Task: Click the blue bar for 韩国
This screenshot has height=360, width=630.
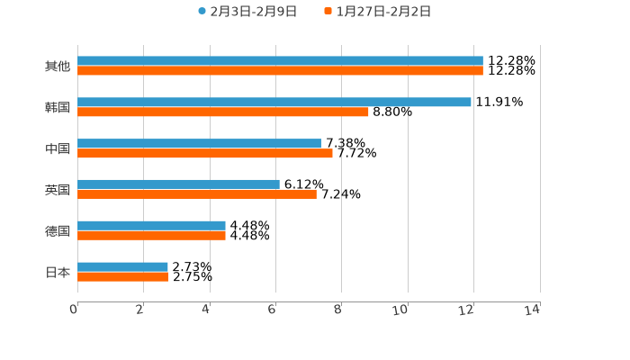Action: pos(274,103)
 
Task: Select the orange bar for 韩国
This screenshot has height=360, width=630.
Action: pos(223,112)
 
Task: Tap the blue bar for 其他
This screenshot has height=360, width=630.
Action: pos(280,61)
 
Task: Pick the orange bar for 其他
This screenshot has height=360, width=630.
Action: pos(280,71)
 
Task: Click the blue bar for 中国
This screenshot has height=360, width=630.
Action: pos(199,144)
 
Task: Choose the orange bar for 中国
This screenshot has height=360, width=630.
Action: pos(205,154)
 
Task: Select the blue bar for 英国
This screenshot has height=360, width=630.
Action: pos(178,184)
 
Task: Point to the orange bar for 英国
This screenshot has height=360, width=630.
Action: pos(197,194)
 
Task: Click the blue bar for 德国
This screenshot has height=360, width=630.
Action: pos(151,226)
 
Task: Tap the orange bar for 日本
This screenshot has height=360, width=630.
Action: pos(122,277)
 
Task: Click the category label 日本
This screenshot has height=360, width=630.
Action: pos(58,272)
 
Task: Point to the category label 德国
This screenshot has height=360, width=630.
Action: pos(58,231)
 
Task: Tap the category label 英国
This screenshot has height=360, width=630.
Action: pos(58,190)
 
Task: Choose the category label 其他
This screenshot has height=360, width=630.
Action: pos(58,67)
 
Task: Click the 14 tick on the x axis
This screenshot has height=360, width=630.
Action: pos(532,310)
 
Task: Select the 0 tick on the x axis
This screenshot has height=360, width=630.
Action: pos(75,310)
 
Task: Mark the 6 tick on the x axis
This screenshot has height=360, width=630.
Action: pos(272,310)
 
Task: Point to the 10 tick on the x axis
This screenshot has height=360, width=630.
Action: pos(400,310)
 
